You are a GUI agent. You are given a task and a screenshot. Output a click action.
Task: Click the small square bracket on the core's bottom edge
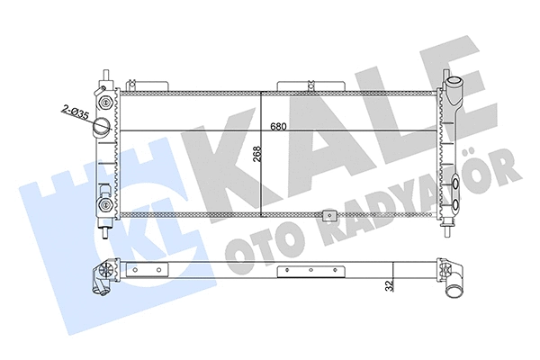pyautogui.click(x=329, y=216)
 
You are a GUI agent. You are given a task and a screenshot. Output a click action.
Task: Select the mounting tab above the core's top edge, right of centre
pyautogui.click(x=297, y=85)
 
